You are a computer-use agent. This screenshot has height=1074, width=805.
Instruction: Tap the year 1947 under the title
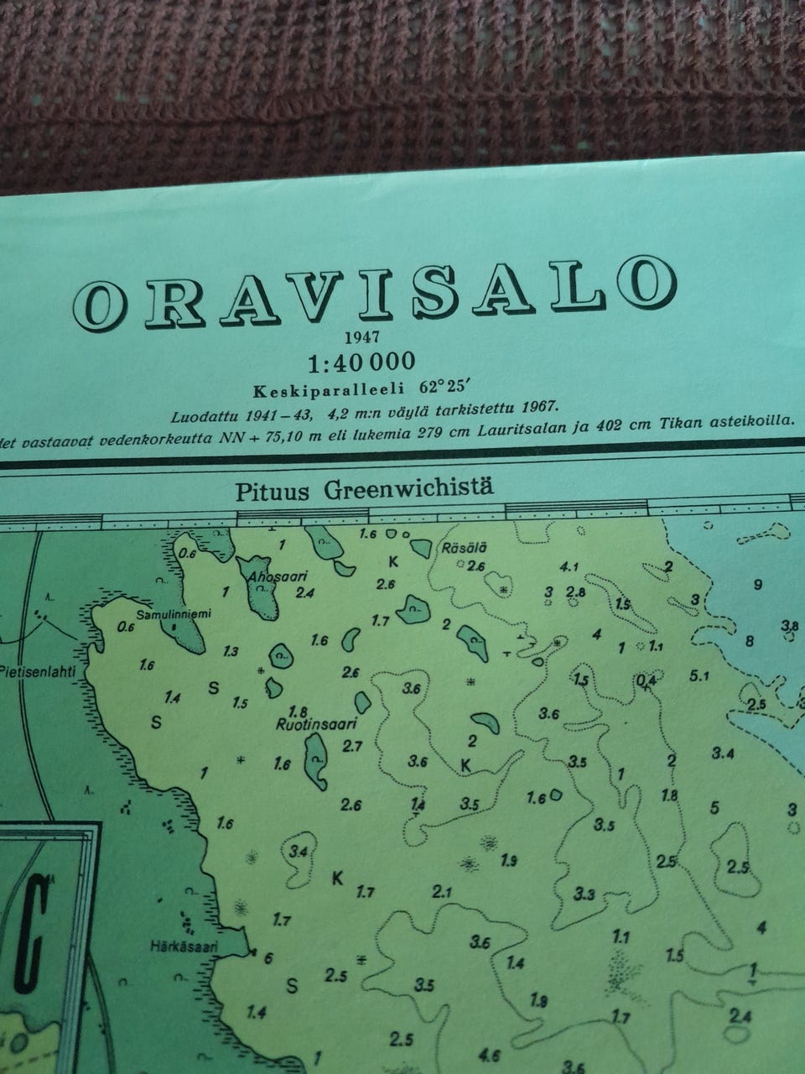tap(362, 338)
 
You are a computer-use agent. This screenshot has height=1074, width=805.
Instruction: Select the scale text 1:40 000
tap(361, 362)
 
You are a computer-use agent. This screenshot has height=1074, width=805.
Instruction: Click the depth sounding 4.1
tap(569, 566)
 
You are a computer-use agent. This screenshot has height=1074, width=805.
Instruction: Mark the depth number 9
tap(758, 586)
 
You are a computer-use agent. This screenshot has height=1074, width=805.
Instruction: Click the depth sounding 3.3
tap(584, 894)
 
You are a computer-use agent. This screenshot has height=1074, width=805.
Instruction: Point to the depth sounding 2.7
tap(352, 746)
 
